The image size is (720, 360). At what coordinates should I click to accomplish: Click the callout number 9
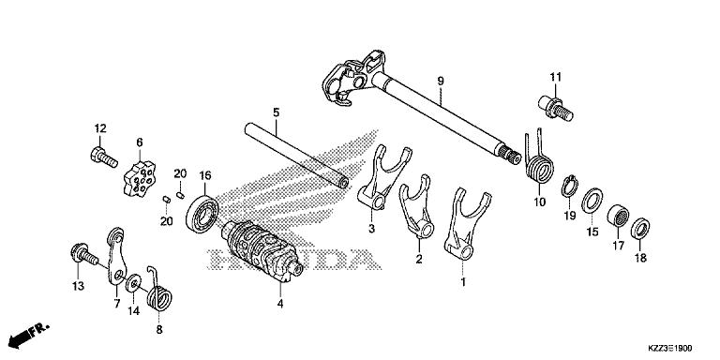pos(439,82)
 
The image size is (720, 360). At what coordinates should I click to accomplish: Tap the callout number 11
pos(554,76)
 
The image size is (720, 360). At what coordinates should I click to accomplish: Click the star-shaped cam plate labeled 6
pos(141,176)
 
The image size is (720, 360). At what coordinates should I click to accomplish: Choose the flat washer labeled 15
pos(592,202)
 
